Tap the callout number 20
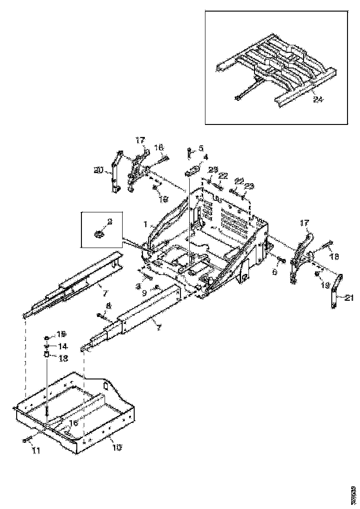pos(98,170)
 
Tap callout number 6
pos(274,272)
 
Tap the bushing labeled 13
pos(47,355)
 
